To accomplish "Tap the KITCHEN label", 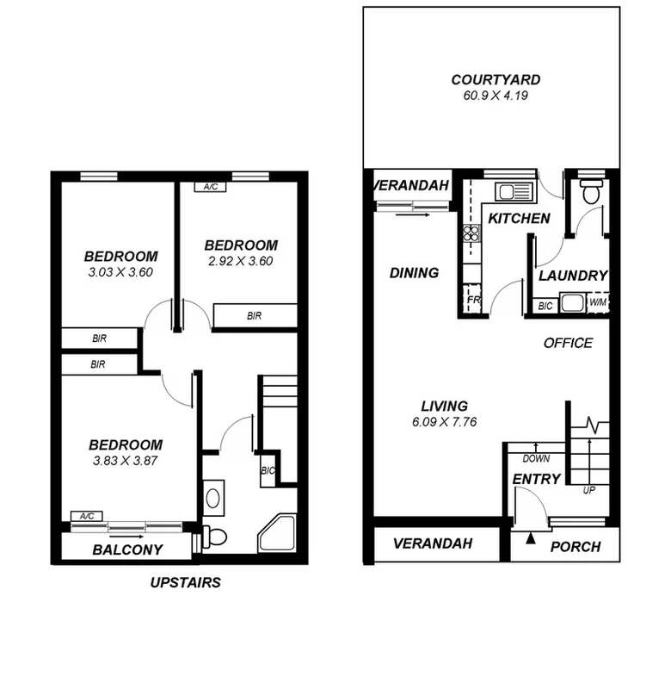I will (x=519, y=219).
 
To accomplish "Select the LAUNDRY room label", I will (x=573, y=276).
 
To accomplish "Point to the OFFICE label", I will (x=568, y=343).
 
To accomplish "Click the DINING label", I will (x=414, y=273).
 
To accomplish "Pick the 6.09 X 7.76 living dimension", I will (x=444, y=422).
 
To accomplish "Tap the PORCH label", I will (x=575, y=547).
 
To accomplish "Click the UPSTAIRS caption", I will (x=185, y=582).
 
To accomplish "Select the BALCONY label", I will (x=128, y=549).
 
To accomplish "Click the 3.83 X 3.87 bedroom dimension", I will (x=126, y=461).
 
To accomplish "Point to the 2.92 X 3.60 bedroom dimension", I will (x=240, y=262).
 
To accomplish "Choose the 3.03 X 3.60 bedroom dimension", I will (x=120, y=272).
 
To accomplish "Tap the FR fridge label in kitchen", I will (x=472, y=300).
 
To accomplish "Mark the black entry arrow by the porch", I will (x=531, y=539).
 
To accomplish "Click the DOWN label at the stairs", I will (x=536, y=459).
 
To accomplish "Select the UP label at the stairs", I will (x=589, y=490).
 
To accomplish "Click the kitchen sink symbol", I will (x=499, y=192).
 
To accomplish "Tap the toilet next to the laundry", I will (x=590, y=193).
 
